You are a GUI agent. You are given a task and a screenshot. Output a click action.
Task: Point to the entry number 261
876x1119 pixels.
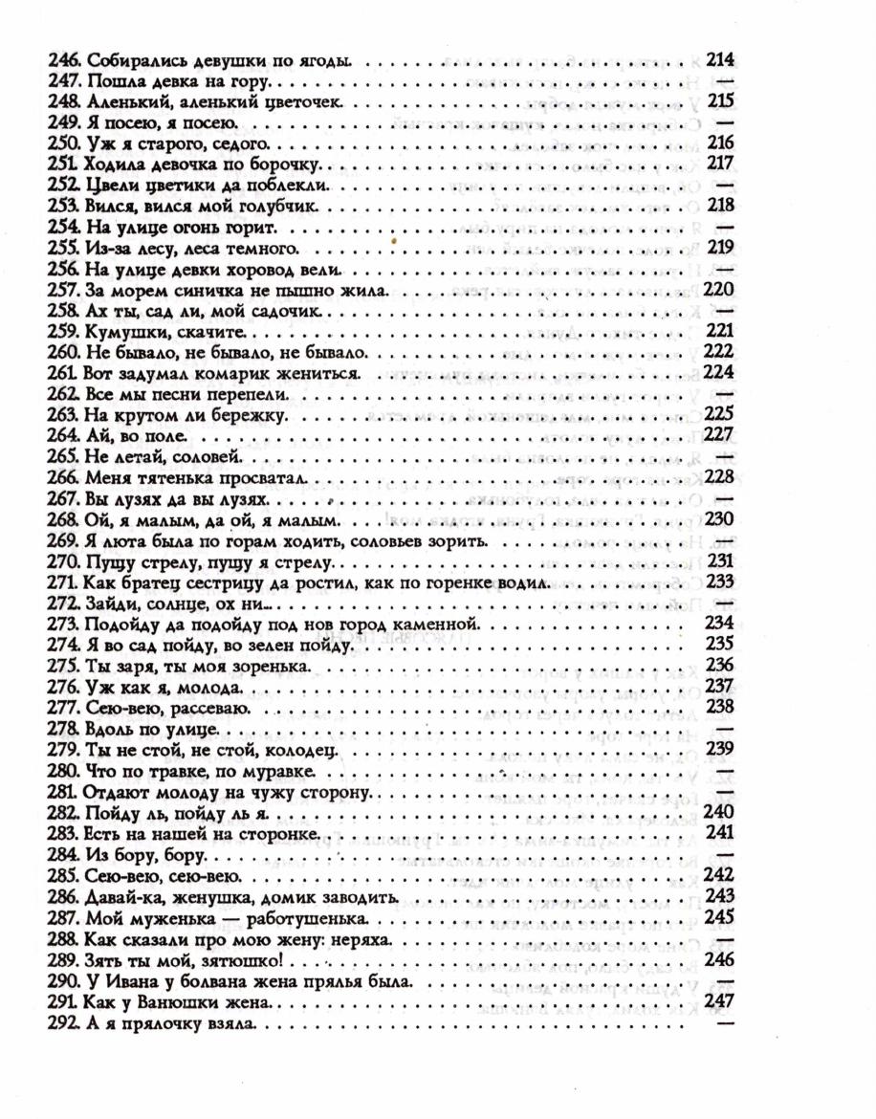tap(63, 373)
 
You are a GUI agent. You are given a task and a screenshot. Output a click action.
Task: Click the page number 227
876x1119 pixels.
tap(718, 435)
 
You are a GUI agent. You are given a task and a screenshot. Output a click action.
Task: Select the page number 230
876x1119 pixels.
tap(718, 519)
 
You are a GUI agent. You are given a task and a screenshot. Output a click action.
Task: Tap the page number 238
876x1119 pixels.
tap(718, 707)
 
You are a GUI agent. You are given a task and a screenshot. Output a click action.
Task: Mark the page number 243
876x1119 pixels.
tap(718, 895)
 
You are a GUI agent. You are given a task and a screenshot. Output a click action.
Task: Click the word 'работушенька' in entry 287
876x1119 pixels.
tap(293, 916)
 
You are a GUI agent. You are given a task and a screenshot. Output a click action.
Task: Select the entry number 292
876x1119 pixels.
tap(63, 1022)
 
